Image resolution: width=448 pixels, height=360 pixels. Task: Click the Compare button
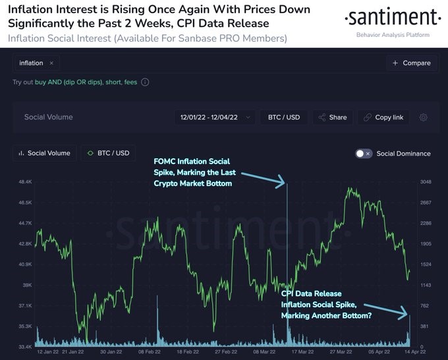(x=412, y=63)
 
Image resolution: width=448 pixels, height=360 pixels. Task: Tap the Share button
(x=333, y=117)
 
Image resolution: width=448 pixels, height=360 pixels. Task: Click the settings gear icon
(x=424, y=117)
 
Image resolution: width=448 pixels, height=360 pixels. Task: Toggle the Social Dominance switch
(x=364, y=154)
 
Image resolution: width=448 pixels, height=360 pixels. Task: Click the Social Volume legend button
(x=45, y=153)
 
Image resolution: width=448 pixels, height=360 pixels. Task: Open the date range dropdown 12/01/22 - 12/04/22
(x=214, y=117)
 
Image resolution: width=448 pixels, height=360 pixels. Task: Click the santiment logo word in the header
(x=393, y=17)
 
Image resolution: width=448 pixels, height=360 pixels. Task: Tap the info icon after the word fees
(x=145, y=82)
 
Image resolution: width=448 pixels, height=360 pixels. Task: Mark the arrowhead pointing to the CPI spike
(x=407, y=315)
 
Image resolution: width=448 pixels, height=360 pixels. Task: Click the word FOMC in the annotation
(x=165, y=161)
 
